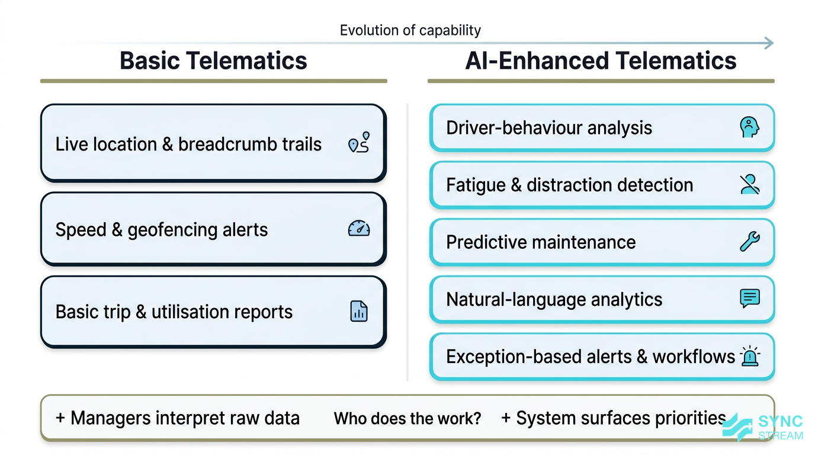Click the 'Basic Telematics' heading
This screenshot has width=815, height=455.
point(213,61)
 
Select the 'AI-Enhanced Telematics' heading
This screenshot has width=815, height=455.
point(601,61)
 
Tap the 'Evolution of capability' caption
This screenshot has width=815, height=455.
point(410,30)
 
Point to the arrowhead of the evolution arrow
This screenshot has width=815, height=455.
point(769,42)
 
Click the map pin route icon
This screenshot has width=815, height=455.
point(359,143)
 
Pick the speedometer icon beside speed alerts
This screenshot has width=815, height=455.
point(359,229)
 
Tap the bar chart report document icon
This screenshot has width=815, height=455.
point(359,311)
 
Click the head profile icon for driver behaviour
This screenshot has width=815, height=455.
point(749,127)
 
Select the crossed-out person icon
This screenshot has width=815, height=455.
point(750,184)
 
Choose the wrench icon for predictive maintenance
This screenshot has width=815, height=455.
point(750,242)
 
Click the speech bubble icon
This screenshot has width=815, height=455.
point(750,298)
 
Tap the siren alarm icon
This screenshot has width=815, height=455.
point(750,356)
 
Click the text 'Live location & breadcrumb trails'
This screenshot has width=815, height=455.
point(188,144)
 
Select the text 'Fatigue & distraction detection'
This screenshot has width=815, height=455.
point(569,185)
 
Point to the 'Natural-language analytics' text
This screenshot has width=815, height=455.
point(554,299)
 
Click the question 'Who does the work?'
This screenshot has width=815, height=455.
point(407,419)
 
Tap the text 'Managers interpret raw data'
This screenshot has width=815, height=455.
point(178,418)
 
